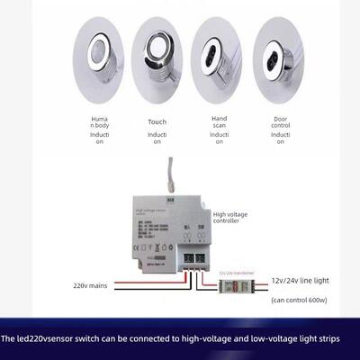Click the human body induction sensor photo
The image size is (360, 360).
(x=98, y=56)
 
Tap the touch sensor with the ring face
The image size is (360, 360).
(x=157, y=56)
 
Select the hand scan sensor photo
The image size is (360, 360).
(x=217, y=56)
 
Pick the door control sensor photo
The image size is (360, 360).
(x=278, y=56)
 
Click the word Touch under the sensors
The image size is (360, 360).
(x=157, y=121)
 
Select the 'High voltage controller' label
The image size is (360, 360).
(x=229, y=220)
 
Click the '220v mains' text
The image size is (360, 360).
(x=91, y=285)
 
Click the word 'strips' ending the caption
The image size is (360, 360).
(x=336, y=339)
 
